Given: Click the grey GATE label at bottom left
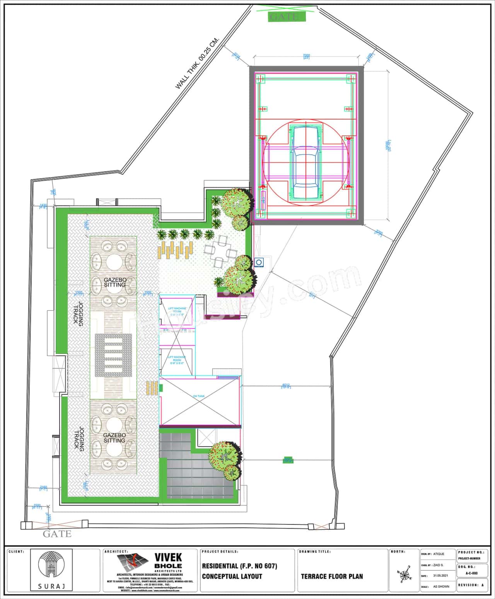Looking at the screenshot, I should pyautogui.click(x=57, y=534).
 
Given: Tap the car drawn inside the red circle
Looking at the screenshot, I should pyautogui.click(x=305, y=163).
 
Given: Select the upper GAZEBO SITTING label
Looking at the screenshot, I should pyautogui.click(x=114, y=282).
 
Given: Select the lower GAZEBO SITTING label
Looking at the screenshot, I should pyautogui.click(x=114, y=438).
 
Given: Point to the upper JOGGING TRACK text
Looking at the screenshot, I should pyautogui.click(x=79, y=314).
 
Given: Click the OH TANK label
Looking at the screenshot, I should pyautogui.click(x=199, y=396).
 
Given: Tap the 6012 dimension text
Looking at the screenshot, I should pyautogui.click(x=286, y=386).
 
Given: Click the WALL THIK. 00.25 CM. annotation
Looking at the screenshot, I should pyautogui.click(x=197, y=64).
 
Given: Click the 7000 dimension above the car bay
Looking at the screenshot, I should pyautogui.click(x=307, y=56).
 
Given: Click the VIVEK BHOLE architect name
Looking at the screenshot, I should pyautogui.click(x=168, y=561).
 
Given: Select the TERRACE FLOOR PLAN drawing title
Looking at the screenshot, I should pyautogui.click(x=332, y=576).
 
